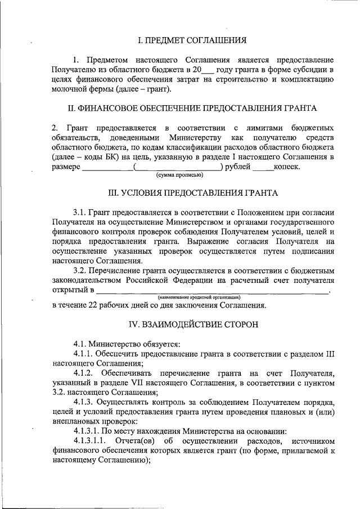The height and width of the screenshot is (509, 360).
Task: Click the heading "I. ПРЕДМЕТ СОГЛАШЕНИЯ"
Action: (192, 40)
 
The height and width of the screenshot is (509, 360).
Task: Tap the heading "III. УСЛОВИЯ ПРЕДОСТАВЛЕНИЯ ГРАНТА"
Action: (192, 193)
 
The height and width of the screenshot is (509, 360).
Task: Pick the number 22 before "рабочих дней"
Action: (93, 305)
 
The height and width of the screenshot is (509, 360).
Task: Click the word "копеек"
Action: (288, 167)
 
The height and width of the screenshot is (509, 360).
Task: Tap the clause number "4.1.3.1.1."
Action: (91, 439)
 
